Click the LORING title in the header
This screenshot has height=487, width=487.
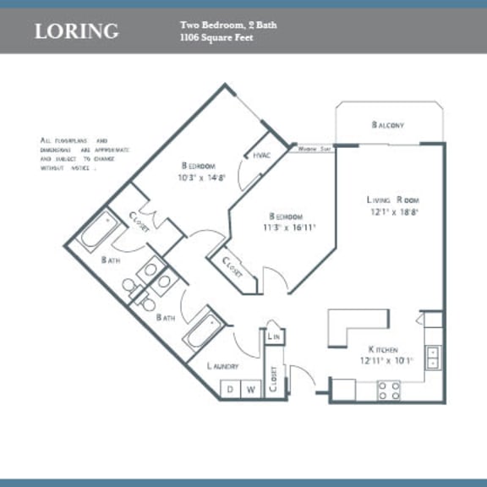tap(76, 32)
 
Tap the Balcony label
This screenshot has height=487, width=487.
tap(388, 125)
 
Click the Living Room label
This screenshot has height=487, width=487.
tap(393, 200)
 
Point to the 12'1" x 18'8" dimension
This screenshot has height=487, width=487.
tap(393, 212)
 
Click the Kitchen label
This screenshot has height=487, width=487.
tap(383, 349)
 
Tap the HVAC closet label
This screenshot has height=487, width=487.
tap(260, 156)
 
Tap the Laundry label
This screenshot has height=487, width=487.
tap(222, 366)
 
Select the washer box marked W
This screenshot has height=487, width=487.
tap(251, 390)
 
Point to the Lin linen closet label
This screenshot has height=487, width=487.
tap(273, 337)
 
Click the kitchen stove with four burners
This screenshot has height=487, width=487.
tap(388, 390)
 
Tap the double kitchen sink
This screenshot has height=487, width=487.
tap(432, 358)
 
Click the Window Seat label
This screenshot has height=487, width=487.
tap(314, 148)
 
